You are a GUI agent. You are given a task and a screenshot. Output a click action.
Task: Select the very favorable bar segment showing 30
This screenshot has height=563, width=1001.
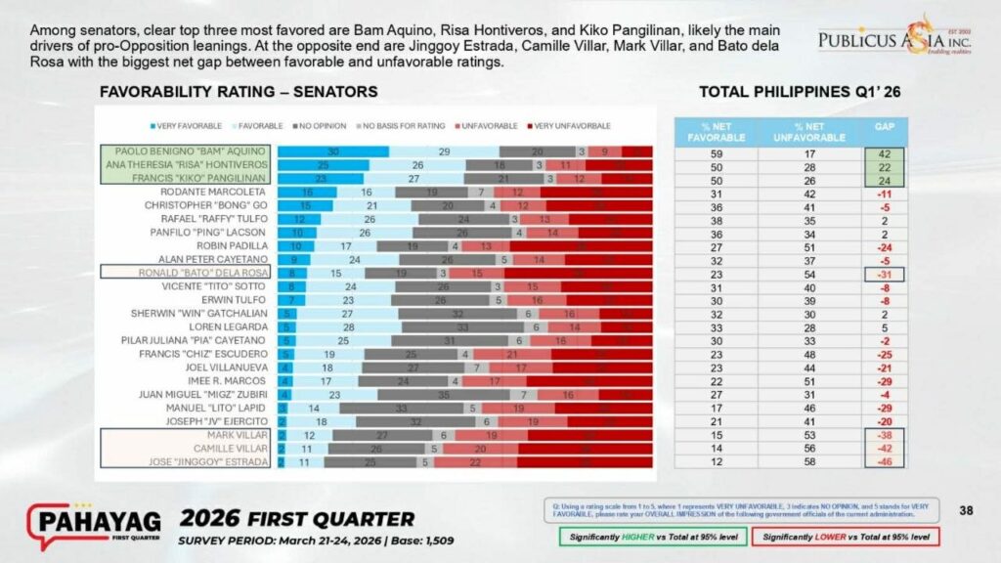point(332,152)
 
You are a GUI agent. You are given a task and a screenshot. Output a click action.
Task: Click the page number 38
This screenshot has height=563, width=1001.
point(966,509)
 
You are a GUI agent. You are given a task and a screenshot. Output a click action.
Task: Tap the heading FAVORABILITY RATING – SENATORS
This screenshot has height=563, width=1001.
point(239,92)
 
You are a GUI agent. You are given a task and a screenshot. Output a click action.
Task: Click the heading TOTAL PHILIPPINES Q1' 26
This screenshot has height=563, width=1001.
point(799,92)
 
